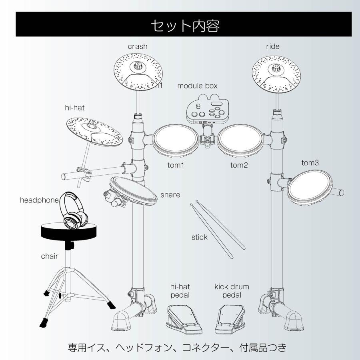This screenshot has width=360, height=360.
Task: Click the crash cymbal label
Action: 138,46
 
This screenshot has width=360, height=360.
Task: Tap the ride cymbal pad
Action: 276,74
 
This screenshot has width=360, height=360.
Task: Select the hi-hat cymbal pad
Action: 94,132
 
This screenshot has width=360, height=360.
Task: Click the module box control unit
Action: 207,109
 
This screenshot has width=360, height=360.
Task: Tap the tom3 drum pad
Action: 310,188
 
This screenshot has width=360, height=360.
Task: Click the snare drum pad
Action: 133,190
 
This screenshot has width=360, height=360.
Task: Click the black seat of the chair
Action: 69,231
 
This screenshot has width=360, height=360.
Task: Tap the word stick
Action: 199,237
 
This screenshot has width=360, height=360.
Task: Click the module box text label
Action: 197,86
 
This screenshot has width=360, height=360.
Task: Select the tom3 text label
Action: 310,163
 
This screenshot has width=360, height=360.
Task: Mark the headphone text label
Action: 39,200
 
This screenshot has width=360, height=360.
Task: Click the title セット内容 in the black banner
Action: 185,25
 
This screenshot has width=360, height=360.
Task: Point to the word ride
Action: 273,46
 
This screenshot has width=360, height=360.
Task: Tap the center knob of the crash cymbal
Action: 138,66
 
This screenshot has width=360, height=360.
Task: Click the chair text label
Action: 50,256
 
